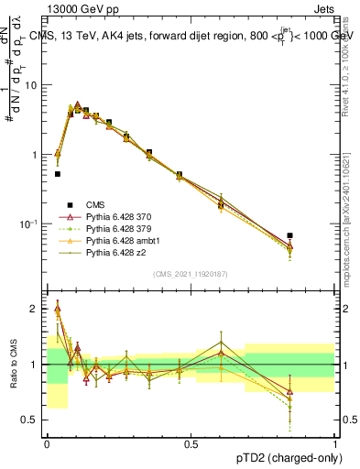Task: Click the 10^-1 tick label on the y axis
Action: click(30, 223)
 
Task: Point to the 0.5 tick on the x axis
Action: click(191, 442)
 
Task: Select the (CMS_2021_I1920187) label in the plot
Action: click(191, 274)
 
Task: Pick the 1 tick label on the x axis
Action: click(335, 442)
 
